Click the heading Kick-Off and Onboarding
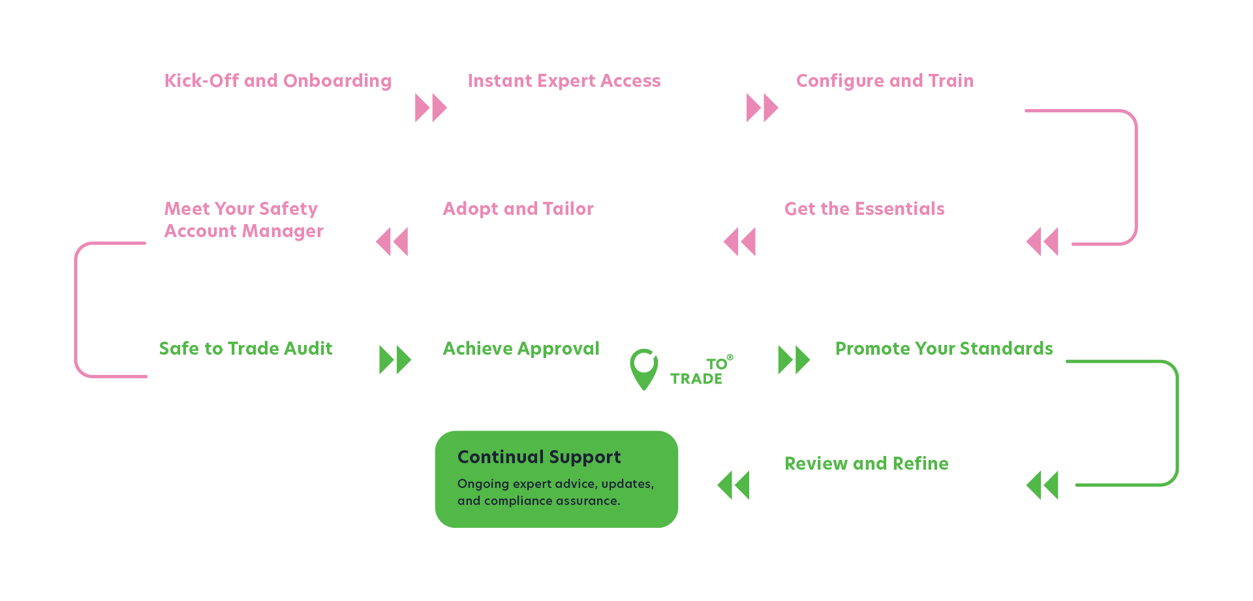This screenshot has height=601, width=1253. click(277, 81)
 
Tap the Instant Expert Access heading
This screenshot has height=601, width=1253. click(564, 81)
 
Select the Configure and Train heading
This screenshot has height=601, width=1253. click(884, 81)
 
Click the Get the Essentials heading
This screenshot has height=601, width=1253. click(864, 209)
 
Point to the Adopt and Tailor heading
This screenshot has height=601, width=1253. click(518, 209)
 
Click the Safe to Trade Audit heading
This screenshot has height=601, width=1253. click(245, 349)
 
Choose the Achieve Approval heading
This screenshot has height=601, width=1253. click(521, 349)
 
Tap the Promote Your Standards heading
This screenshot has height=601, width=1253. click(944, 349)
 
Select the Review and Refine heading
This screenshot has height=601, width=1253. click(866, 464)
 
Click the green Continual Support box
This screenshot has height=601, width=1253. click(556, 479)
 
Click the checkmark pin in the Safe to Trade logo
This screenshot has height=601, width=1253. click(645, 367)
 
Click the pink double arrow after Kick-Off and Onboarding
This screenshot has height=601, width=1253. click(431, 108)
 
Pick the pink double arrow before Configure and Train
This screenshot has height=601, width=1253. click(762, 108)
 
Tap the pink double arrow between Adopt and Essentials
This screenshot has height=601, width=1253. click(739, 242)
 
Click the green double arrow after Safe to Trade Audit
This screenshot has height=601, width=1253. click(395, 360)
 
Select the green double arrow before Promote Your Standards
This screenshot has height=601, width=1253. click(794, 360)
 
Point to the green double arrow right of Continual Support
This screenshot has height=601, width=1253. click(733, 485)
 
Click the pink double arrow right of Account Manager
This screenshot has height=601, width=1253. click(392, 242)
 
